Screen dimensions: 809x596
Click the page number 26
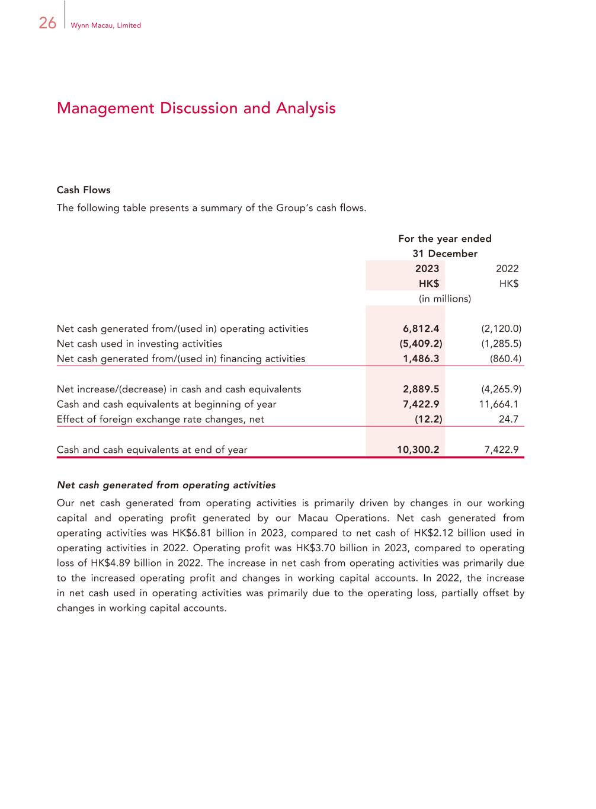point(47,23)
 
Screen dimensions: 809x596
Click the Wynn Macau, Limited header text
point(105,25)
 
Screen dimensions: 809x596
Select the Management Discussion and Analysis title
point(196,108)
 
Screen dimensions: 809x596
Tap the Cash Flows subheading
point(84,190)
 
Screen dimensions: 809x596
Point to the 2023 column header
point(427,268)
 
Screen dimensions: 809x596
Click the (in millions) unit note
point(444,299)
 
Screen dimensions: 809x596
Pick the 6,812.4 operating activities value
point(421,329)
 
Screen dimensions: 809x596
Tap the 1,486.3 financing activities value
point(421,359)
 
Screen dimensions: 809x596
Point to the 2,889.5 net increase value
point(421,389)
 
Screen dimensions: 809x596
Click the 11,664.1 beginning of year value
point(498,404)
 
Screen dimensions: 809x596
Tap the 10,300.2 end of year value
point(418,450)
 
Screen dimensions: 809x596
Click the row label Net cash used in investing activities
point(139,344)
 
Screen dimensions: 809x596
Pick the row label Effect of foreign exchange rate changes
point(160,420)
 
